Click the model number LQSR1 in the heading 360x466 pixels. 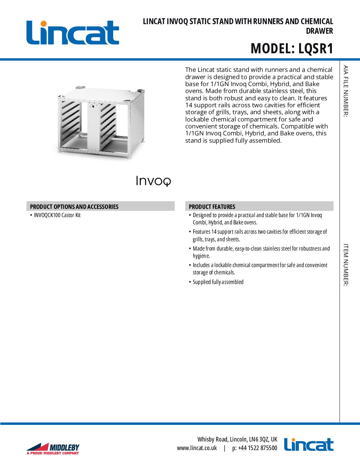tap(315, 49)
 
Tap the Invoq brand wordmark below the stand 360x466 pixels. tap(154, 181)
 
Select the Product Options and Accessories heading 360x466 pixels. tap(74, 207)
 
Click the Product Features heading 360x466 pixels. tap(212, 207)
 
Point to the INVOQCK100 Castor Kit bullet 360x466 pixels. tap(57, 215)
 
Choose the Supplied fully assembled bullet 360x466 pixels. tap(218, 282)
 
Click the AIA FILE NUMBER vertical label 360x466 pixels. tap(345, 91)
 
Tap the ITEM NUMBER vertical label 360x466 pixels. tap(345, 265)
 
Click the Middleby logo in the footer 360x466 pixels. tap(53, 449)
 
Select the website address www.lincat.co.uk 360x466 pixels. tap(197, 448)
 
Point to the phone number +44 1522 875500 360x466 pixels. tap(255, 448)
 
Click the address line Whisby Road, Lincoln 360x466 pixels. tap(237, 439)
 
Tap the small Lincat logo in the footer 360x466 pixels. tap(309, 445)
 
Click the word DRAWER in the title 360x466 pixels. tap(319, 31)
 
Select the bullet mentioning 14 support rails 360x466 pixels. tap(260, 235)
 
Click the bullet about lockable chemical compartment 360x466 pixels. tap(260, 269)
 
